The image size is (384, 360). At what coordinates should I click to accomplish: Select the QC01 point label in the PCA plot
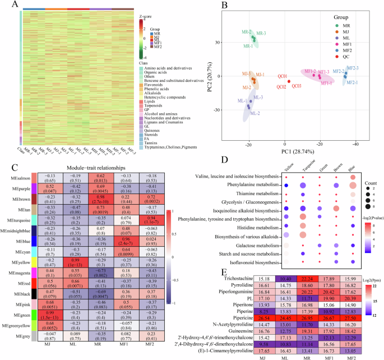(282, 76)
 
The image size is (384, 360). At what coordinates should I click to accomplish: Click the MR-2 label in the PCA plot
(247, 32)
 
